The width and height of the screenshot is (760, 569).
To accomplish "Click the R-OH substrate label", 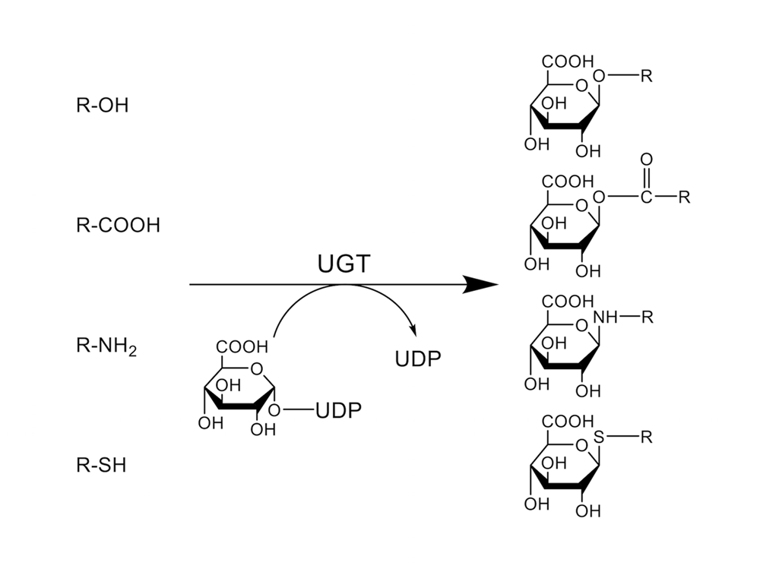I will [102, 105].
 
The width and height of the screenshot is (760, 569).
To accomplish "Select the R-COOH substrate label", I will [118, 226].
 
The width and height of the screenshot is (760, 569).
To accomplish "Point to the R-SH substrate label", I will [101, 465].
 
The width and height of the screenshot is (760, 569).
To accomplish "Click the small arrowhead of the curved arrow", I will [414, 333].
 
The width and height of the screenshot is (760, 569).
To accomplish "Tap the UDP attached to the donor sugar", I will [338, 410].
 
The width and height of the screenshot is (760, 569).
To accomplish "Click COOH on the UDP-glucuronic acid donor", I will [242, 346].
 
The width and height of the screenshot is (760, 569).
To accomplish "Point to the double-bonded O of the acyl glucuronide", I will [647, 160].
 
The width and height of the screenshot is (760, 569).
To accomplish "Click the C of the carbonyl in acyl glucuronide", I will [647, 198].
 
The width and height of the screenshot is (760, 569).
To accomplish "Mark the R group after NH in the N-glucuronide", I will [647, 318].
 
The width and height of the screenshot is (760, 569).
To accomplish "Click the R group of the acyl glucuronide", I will [685, 198].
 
